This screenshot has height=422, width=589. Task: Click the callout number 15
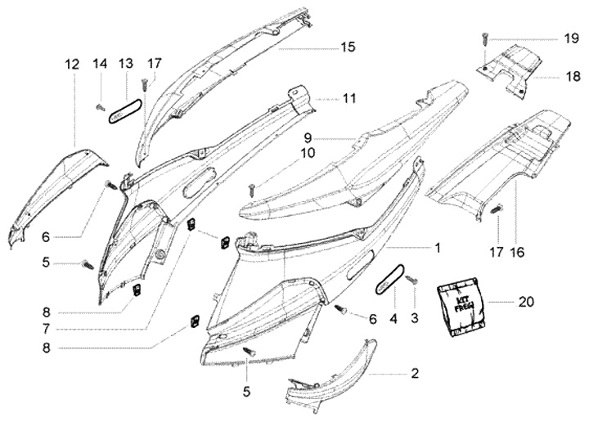point(348,47)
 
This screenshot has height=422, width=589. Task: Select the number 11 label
point(349,98)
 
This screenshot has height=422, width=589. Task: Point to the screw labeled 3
point(411,283)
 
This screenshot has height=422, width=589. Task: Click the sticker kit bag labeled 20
point(461,307)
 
